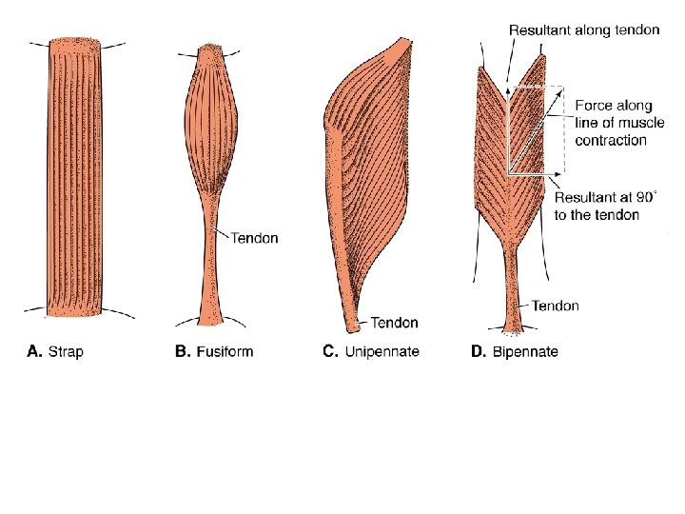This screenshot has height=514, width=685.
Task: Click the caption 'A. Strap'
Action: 55,352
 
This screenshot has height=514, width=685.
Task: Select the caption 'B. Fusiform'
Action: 214,352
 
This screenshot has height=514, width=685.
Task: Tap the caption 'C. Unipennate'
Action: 371,352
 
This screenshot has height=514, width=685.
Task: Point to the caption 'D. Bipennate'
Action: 515,352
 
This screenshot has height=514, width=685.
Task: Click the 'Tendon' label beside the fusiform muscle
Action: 254,238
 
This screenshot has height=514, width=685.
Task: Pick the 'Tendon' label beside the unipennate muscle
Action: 394,324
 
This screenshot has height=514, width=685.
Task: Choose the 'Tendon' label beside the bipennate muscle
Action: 555,306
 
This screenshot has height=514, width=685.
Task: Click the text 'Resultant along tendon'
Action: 584,30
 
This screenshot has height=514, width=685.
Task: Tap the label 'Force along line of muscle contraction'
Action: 613,120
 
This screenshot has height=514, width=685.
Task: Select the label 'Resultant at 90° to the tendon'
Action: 605,206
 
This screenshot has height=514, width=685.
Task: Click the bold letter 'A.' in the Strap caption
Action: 32,352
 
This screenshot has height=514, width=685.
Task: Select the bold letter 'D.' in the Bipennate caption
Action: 479,352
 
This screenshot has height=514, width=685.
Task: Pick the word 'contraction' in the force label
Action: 611,140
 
